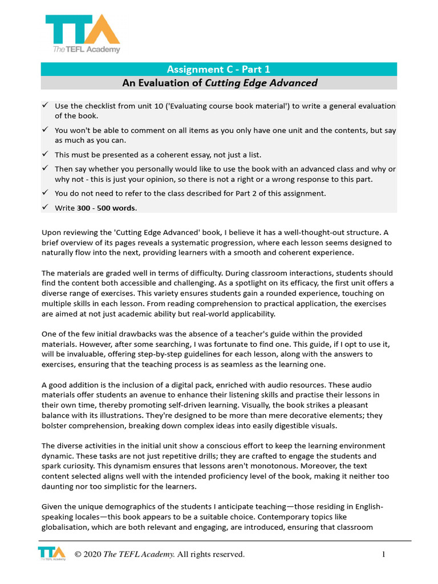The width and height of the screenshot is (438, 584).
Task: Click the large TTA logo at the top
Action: click(x=83, y=33)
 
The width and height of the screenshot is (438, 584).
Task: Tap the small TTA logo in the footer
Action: click(x=51, y=554)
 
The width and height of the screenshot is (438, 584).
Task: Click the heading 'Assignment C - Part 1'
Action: click(x=218, y=70)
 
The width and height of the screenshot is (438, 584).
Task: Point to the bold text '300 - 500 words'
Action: click(x=107, y=208)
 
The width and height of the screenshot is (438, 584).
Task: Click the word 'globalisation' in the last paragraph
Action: click(x=63, y=527)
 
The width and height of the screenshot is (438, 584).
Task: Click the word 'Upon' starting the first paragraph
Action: click(x=52, y=232)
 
